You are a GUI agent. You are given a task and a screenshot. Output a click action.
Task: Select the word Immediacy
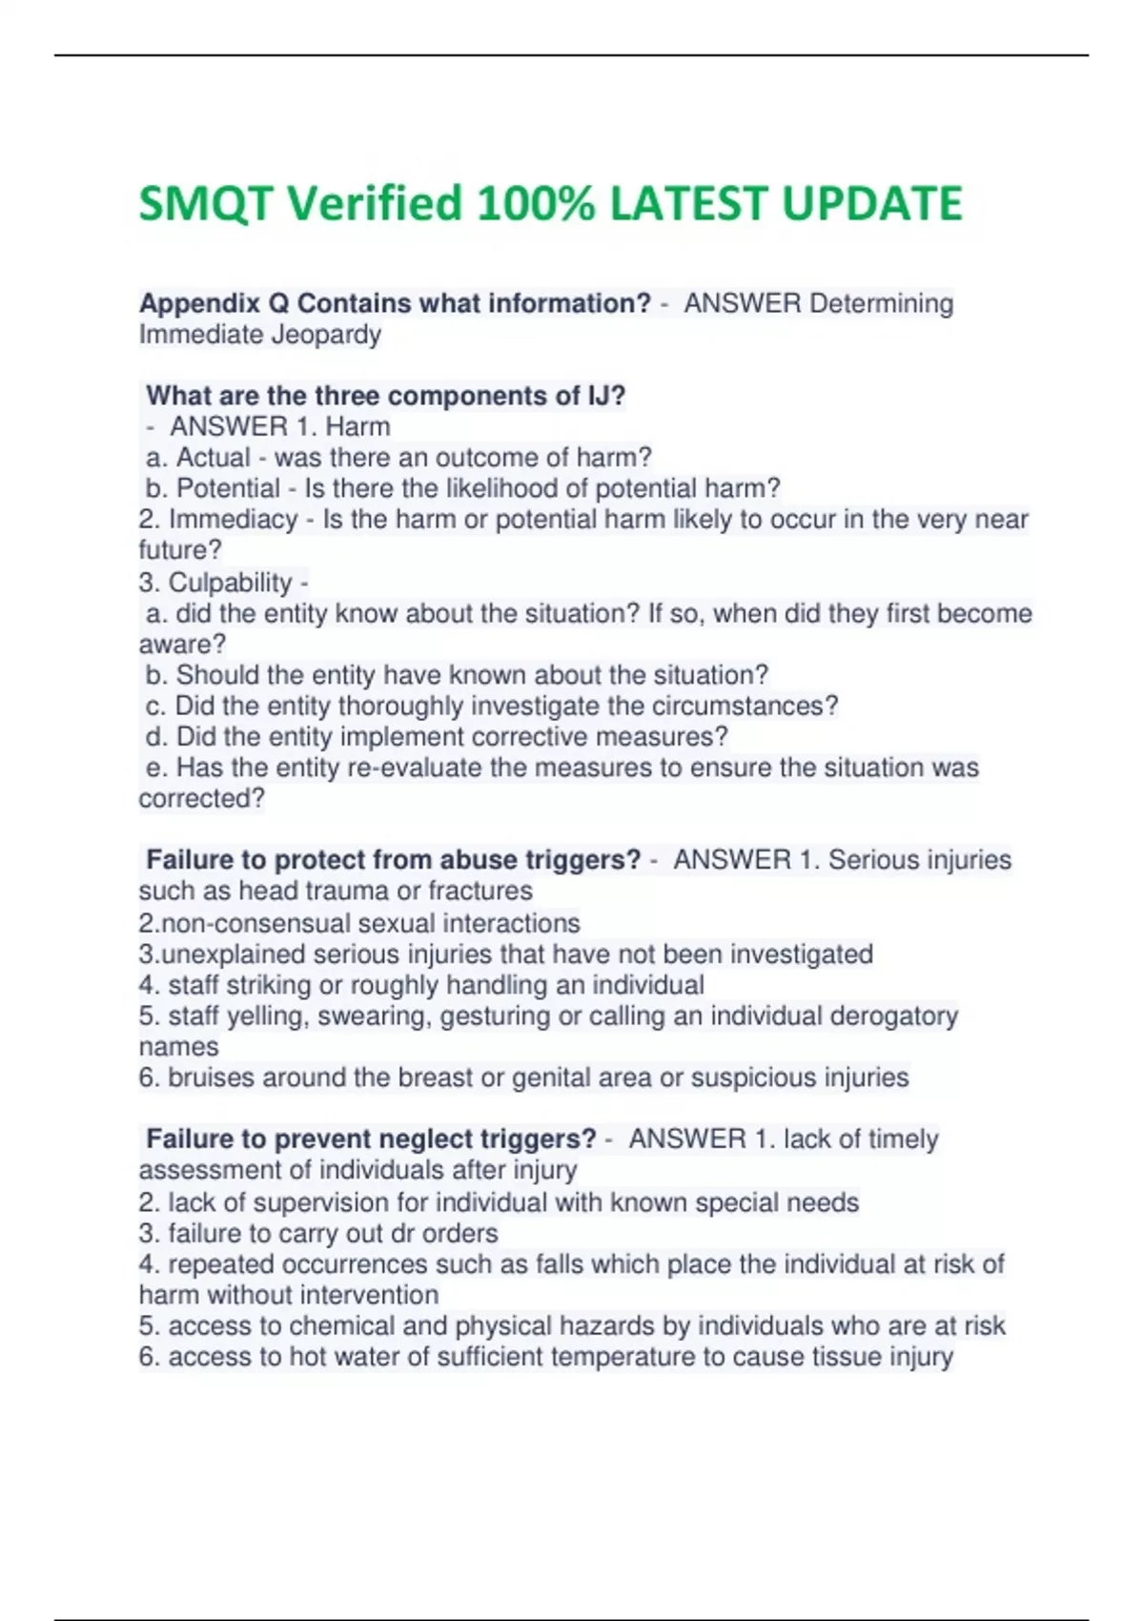click(233, 520)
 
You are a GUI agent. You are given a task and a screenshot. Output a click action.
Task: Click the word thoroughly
click(442, 706)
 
